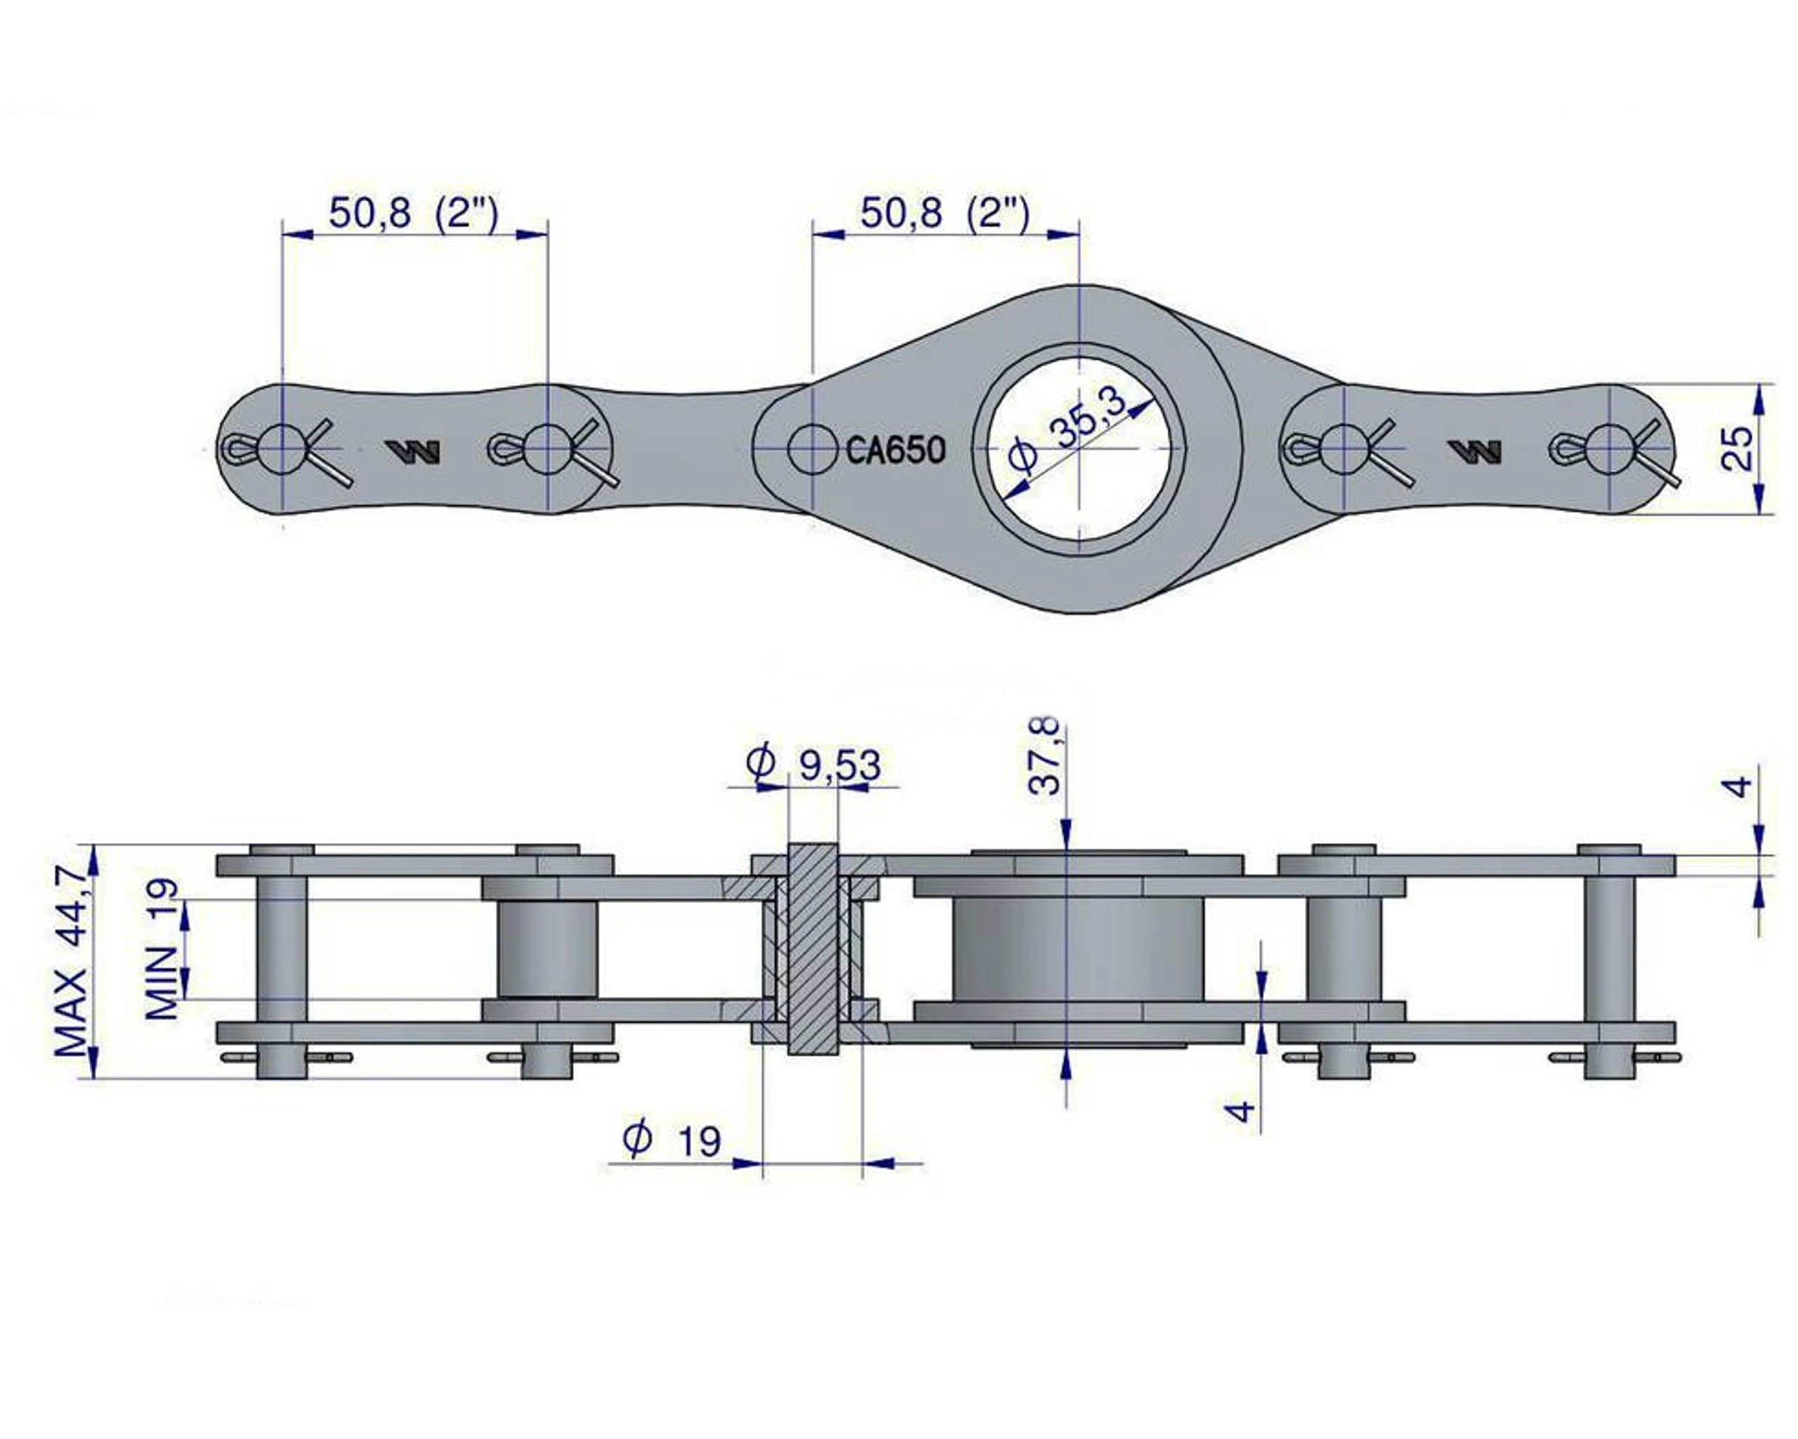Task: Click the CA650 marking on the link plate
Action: coord(895,450)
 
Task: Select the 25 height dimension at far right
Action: coord(1737,449)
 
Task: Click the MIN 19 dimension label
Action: coord(163,949)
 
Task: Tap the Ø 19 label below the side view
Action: coord(672,1140)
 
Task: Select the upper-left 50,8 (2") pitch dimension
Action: coord(414,214)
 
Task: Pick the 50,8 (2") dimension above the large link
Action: coord(945,214)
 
